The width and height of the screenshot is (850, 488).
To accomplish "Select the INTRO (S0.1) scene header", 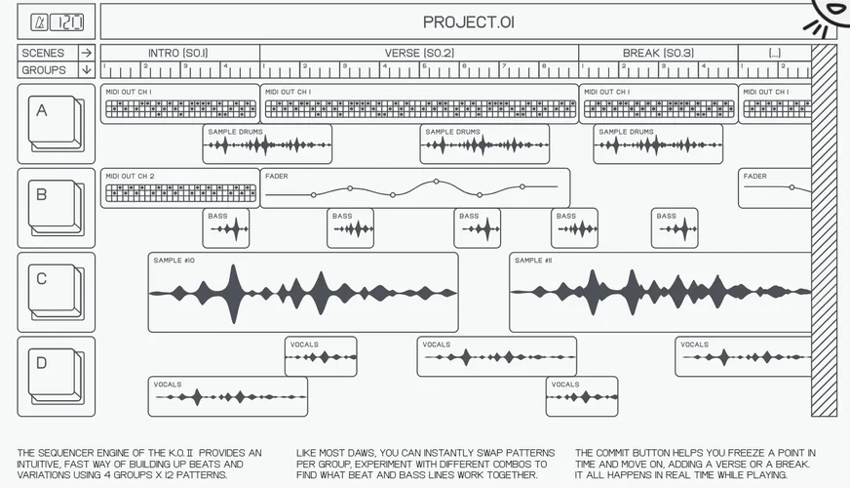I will click(x=178, y=53).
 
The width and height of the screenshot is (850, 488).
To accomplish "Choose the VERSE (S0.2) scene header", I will click(x=419, y=53).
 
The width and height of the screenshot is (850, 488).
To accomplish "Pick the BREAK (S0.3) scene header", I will click(x=658, y=53).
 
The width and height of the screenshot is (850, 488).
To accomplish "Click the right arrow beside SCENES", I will click(x=87, y=53).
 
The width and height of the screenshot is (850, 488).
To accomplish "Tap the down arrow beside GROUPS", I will click(x=87, y=70).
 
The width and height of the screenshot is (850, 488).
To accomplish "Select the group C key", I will click(x=55, y=291).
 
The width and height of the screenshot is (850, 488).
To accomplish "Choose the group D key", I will click(x=55, y=375).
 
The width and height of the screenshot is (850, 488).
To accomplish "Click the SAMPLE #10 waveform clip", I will click(x=302, y=292).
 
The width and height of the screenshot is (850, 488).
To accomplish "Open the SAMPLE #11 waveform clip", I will click(x=660, y=292).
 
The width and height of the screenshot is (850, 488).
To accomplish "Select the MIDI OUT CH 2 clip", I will click(x=179, y=187).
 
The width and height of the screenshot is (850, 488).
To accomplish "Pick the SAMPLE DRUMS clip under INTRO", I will click(x=267, y=143).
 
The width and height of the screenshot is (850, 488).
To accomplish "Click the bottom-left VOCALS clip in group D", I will click(x=227, y=396).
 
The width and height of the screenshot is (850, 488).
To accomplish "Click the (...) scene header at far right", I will click(x=774, y=53).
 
